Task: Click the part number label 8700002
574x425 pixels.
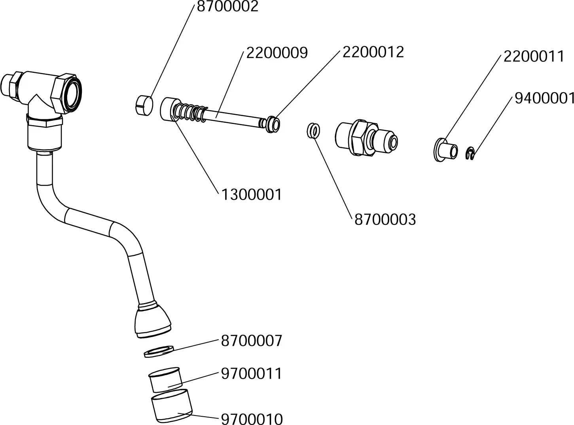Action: (227, 6)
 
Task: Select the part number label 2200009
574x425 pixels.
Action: (277, 53)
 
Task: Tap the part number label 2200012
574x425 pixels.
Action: (373, 52)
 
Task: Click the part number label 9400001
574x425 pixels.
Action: (544, 98)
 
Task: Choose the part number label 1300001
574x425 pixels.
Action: (251, 194)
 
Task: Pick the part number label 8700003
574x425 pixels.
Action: (385, 219)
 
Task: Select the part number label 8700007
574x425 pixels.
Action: (251, 341)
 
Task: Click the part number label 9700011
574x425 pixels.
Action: (251, 374)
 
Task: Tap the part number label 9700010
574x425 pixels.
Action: (251, 419)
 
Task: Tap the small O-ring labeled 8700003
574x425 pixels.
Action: (314, 130)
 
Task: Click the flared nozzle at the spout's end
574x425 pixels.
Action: (153, 321)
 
